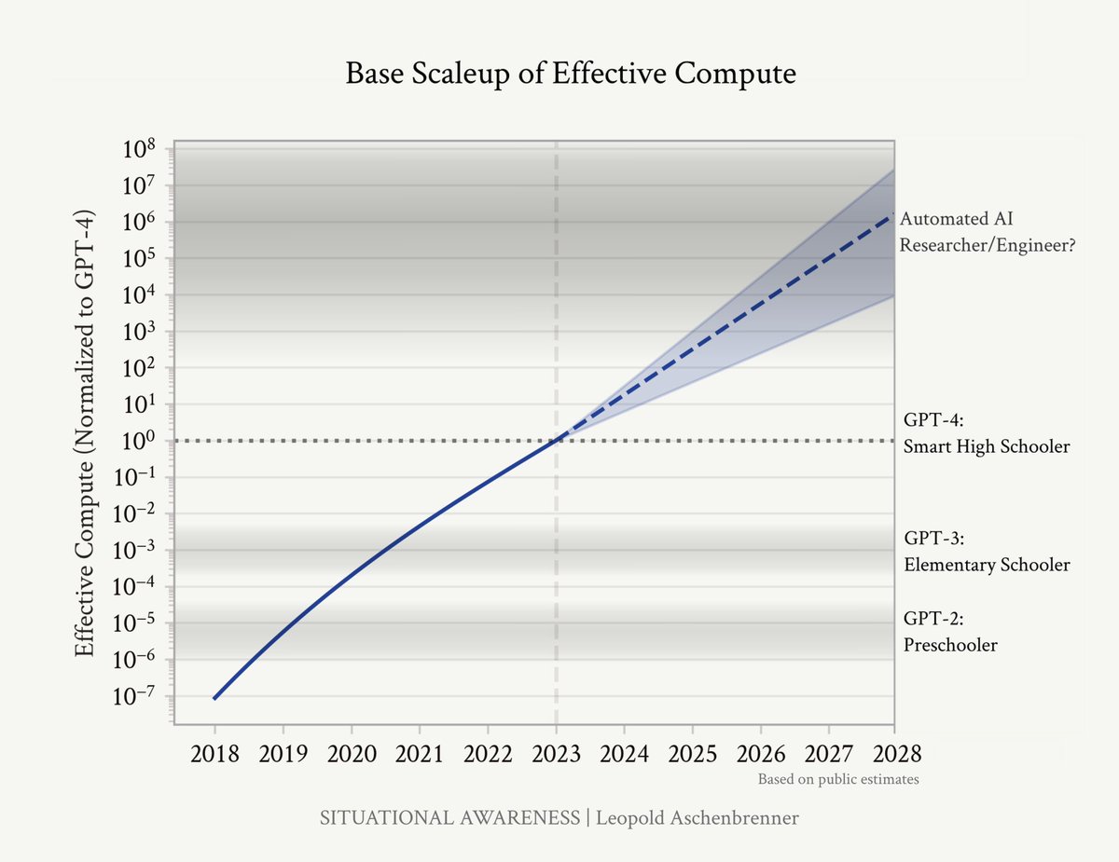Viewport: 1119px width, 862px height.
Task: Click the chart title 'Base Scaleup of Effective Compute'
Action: point(571,74)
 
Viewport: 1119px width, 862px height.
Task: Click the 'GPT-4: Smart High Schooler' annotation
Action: point(987,432)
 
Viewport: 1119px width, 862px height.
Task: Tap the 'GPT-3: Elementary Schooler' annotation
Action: point(987,552)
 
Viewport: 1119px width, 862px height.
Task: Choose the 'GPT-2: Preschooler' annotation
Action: point(950,631)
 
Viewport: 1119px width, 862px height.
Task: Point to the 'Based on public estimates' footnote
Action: point(837,779)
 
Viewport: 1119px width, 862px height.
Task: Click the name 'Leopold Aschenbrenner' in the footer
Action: point(696,818)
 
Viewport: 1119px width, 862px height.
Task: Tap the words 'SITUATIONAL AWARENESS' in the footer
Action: point(450,818)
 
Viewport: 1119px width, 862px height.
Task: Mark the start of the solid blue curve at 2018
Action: point(214,698)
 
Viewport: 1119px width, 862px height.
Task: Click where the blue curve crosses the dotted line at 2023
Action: point(557,440)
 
